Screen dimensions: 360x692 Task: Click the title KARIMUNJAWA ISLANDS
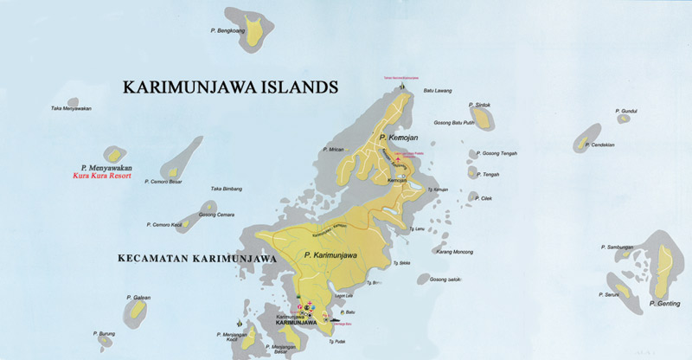click(230, 87)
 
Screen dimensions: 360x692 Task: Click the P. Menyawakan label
click(106, 166)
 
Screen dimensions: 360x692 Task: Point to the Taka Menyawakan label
click(71, 108)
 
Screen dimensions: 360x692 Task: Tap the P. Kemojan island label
click(398, 138)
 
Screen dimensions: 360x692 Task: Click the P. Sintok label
click(480, 106)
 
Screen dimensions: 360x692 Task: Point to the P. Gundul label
click(626, 111)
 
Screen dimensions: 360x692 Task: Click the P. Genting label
click(664, 304)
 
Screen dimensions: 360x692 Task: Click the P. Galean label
click(138, 298)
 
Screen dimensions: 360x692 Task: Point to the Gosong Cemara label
click(215, 215)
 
